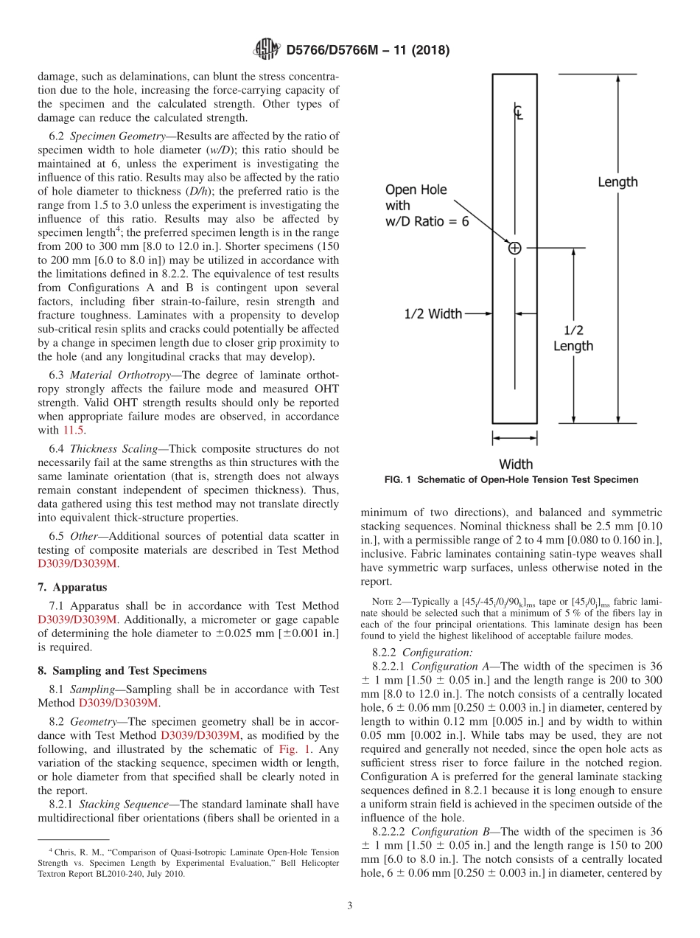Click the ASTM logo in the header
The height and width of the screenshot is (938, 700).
266,49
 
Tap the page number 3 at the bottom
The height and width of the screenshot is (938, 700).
349,906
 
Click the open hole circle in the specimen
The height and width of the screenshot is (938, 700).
514,249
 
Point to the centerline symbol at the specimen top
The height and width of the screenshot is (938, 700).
518,112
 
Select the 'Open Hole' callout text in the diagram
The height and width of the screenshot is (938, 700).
416,190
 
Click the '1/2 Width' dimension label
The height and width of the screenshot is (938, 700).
433,314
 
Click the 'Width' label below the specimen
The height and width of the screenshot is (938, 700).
516,464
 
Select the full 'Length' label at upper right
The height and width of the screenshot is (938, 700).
617,181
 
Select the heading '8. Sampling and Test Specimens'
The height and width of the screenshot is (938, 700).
122,670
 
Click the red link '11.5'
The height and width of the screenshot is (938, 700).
73,430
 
